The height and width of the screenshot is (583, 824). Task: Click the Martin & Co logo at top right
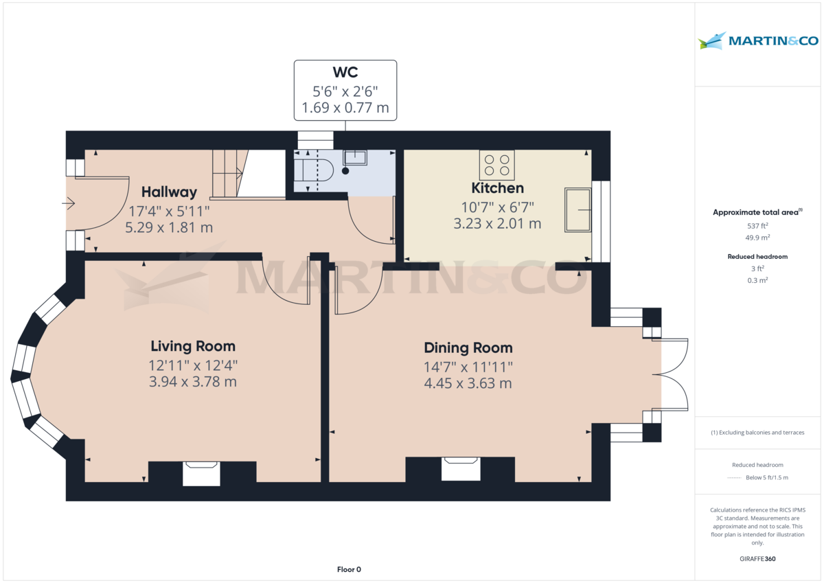(x=758, y=41)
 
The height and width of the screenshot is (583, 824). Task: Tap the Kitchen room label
(x=497, y=188)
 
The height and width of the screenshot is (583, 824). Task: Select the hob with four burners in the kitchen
(x=496, y=165)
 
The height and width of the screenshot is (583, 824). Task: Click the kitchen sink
(x=577, y=209)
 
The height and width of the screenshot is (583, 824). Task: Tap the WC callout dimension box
(x=345, y=90)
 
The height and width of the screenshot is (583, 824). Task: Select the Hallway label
(x=169, y=192)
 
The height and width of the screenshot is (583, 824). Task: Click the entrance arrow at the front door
(x=69, y=203)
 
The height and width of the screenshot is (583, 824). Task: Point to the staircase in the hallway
(x=227, y=173)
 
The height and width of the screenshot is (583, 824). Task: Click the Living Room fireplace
(x=201, y=473)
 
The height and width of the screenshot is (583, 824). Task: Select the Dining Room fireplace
(x=460, y=469)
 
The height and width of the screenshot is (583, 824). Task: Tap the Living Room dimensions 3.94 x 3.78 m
(x=193, y=382)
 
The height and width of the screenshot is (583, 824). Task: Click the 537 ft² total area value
(x=757, y=226)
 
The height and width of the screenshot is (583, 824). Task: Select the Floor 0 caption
(x=349, y=569)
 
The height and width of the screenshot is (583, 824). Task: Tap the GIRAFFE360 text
(x=757, y=559)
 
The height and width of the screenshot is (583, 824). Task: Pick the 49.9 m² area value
(x=757, y=238)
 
